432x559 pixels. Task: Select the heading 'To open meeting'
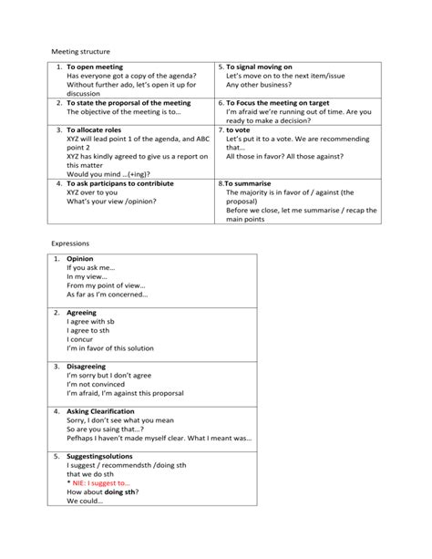click(x=94, y=67)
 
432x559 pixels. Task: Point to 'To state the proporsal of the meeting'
click(x=129, y=103)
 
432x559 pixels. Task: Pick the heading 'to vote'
click(x=243, y=130)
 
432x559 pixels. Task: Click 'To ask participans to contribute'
click(x=119, y=183)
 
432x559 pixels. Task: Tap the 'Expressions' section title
click(x=69, y=244)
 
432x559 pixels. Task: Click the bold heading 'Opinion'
click(x=80, y=259)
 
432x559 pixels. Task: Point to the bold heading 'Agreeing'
click(x=82, y=313)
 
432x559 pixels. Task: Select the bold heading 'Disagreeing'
click(x=87, y=367)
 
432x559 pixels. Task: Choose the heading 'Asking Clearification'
click(x=101, y=411)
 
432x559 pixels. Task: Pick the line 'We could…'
click(x=85, y=501)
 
